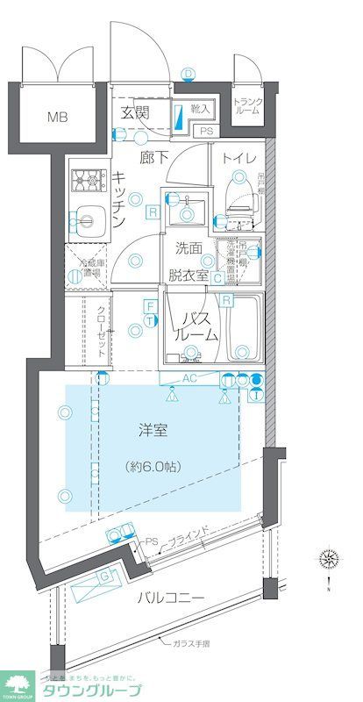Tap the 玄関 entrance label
(135, 113)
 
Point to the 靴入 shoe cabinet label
(201, 109)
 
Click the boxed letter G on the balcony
(106, 576)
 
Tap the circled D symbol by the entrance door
(187, 73)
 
